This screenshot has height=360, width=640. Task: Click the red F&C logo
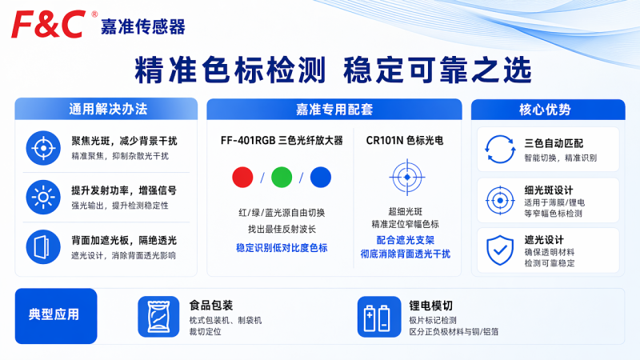point(48,25)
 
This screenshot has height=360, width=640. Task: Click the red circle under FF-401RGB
point(242,177)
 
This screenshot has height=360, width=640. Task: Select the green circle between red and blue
point(282,177)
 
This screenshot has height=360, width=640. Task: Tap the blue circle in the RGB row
point(321,177)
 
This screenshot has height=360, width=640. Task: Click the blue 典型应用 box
point(56,316)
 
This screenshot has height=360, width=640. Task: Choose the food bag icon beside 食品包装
point(158,317)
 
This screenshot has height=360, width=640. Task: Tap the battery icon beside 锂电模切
point(378,317)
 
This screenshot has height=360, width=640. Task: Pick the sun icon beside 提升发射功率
point(43,197)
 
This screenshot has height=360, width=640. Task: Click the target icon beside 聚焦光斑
point(43,148)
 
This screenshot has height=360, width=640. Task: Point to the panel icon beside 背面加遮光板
point(43,247)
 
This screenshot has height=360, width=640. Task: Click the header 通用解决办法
point(108,109)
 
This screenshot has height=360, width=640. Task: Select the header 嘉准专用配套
point(334,110)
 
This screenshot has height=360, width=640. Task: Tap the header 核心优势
point(545,110)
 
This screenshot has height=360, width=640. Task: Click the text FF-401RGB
point(248,141)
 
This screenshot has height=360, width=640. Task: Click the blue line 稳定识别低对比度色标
point(282,248)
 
